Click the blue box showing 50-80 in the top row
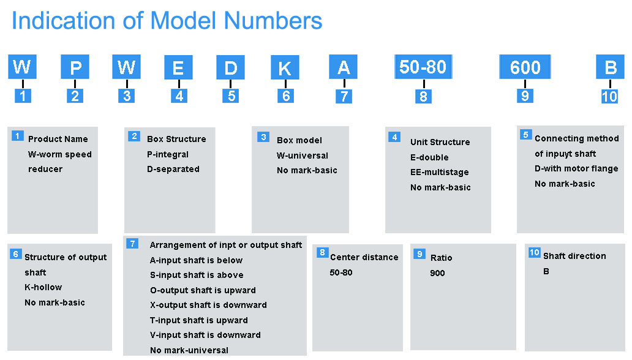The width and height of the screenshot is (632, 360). pos(423,67)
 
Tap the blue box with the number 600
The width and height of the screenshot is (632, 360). pos(525,67)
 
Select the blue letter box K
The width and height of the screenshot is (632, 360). pos(285,67)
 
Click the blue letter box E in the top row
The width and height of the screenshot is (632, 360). pos(178,67)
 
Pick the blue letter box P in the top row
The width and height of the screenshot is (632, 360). pos(75,67)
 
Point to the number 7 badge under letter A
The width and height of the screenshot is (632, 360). pos(344,96)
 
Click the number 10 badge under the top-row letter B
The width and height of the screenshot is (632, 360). pos(609,96)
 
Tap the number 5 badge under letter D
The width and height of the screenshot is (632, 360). pos(230,96)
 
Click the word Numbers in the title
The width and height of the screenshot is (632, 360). pos(273,20)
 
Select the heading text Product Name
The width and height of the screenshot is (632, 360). pos(58,139)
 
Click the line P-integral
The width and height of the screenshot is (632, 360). pos(168,154)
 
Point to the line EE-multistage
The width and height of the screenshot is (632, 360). pos(439,172)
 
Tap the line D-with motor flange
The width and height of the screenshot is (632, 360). pos(576,168)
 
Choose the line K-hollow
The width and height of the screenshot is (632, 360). pos(43,287)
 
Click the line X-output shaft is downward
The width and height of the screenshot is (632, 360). pos(208,305)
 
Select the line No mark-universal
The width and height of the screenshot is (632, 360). pos(189,350)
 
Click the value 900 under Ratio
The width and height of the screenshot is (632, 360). pos(437,273)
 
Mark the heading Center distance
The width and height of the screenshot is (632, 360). pos(364,257)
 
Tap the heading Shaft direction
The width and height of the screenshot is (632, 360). pos(574,256)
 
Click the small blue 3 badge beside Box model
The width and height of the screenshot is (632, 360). pos(263,137)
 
